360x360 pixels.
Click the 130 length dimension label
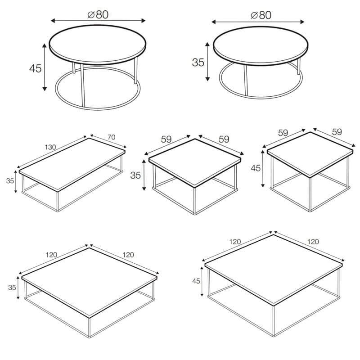tap(50, 147)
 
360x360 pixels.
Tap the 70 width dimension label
tap(111, 137)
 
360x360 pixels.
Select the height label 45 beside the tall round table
tap(36, 68)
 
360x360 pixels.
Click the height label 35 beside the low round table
tap(198, 63)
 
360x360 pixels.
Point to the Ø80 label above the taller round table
tap(98, 14)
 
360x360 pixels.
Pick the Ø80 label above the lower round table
tap(261, 15)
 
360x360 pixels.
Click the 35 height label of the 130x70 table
tap(10, 181)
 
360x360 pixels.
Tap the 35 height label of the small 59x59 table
tap(135, 175)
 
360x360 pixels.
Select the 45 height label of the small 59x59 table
tap(256, 168)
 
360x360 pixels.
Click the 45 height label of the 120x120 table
tap(196, 281)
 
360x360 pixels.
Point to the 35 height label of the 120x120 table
tap(12, 288)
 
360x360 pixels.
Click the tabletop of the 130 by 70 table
tap(72, 164)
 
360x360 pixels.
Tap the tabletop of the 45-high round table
tap(98, 45)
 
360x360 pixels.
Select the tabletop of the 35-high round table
tap(261, 46)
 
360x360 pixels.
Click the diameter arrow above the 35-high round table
tap(258, 22)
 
